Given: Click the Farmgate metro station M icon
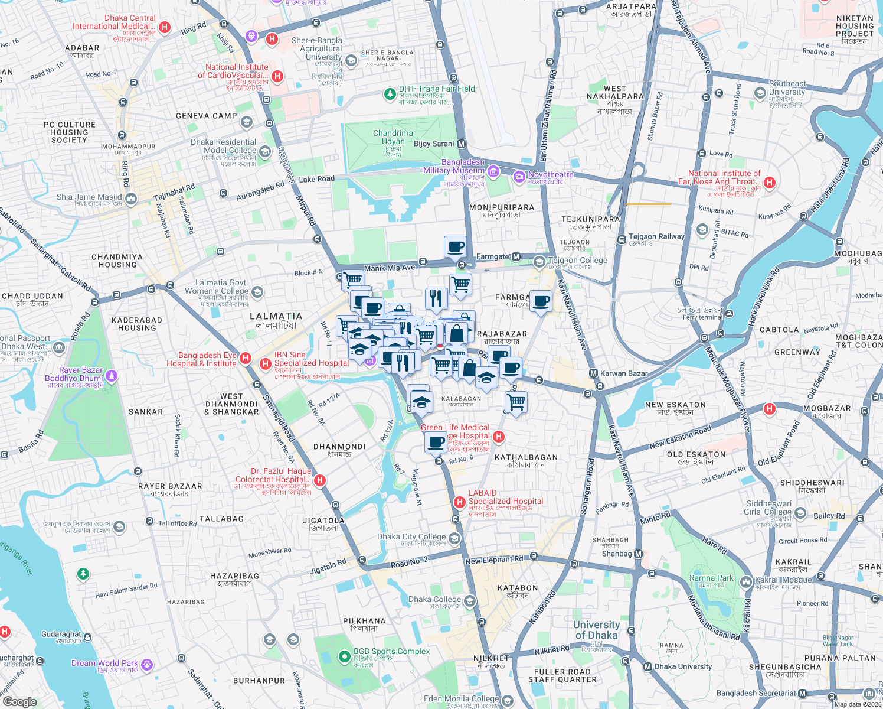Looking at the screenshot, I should coord(516,257).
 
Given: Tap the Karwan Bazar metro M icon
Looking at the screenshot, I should coord(593,373).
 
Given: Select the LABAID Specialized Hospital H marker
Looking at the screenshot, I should coord(459,502).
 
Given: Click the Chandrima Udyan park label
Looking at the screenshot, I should coord(393,137).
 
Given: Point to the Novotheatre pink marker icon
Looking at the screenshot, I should coord(519,175).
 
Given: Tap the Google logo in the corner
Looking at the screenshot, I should coord(19,701).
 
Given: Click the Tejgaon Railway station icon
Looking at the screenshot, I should coord(622,239).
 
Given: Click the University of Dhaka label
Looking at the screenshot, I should coord(596,630).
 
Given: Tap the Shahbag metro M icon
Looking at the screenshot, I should coord(638,554).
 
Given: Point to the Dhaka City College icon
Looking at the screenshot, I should coord(454,538).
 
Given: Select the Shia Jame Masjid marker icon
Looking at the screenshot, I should coord(130,199).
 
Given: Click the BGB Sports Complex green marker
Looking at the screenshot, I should coord(344,656).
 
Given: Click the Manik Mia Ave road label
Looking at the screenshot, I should coord(390,268).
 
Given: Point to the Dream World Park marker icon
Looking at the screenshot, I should coord(146,665).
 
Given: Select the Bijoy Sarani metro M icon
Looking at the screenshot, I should coord(462,144).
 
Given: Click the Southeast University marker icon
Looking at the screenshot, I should coord(760,93).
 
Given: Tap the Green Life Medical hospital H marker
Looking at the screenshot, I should coord(499,437).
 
